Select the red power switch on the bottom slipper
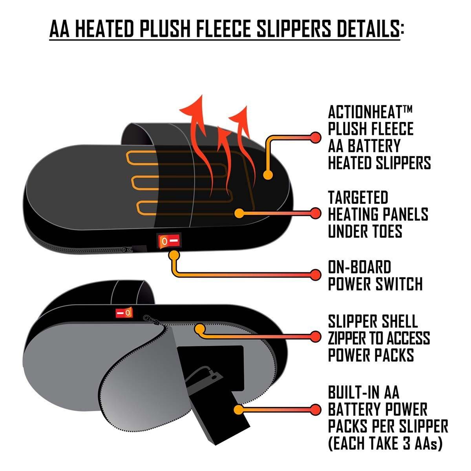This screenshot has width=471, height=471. click(x=124, y=313)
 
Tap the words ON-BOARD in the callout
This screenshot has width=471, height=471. click(x=360, y=267)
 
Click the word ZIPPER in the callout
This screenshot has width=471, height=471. click(x=350, y=338)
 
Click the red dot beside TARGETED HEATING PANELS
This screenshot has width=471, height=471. click(x=315, y=214)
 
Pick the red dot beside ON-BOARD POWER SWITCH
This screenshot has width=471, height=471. click(x=315, y=274)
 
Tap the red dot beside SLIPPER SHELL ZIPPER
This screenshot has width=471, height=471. click(x=315, y=336)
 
